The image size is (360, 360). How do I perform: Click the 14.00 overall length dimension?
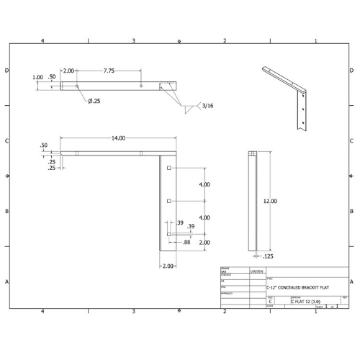[x=118, y=138]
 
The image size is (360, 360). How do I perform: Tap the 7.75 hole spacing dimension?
[x=109, y=71]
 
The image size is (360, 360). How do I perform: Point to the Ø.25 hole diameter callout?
[x=94, y=101]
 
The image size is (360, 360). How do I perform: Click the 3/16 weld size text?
[x=208, y=107]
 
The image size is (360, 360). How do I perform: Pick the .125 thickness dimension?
[x=267, y=256]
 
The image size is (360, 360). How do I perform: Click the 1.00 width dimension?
[x=37, y=78]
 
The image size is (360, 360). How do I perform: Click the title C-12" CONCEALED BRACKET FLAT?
[x=295, y=287]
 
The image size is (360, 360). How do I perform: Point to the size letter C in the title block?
[x=270, y=303]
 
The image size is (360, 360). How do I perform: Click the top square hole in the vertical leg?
[x=168, y=168]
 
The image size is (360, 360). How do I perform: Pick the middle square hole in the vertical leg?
[x=168, y=201]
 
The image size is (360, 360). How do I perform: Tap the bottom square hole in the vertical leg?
[x=168, y=234]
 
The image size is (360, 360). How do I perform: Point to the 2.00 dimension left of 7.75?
[x=68, y=71]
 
